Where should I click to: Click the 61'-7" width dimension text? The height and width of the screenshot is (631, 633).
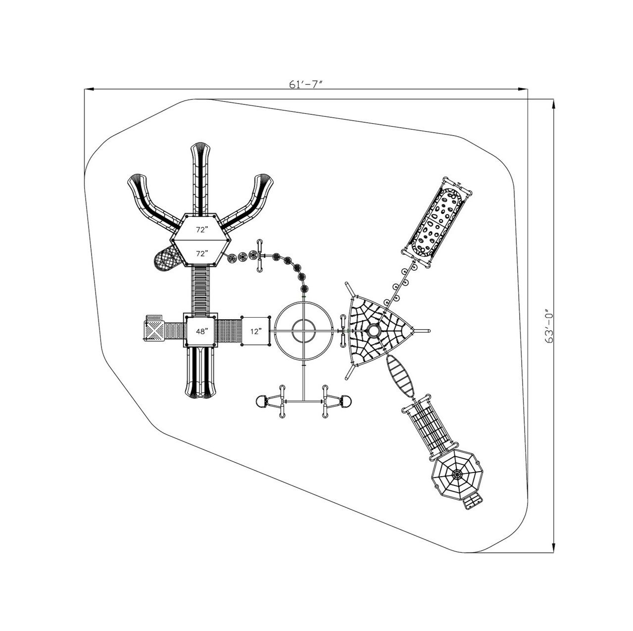tap(306, 84)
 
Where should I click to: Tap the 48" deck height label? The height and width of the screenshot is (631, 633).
tap(201, 331)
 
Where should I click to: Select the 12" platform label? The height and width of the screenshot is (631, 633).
tap(255, 331)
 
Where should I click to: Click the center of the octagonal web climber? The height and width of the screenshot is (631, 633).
tap(456, 475)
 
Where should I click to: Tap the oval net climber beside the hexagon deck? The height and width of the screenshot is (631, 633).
tap(165, 258)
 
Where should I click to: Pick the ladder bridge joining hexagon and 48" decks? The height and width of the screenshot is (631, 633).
tap(200, 290)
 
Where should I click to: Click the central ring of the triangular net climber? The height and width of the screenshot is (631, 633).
tap(373, 330)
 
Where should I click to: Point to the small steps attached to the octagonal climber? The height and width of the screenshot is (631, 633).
tap(473, 502)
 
